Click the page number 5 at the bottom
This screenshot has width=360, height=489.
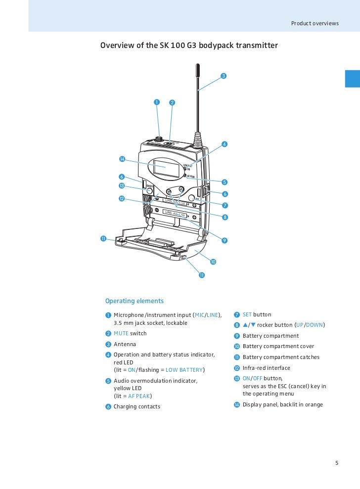coord(337,463)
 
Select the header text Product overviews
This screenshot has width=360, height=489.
coord(315,23)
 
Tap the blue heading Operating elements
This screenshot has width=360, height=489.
coord(134,301)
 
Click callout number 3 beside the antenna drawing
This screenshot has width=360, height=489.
coord(224,76)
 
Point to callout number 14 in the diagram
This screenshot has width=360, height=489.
coord(122,159)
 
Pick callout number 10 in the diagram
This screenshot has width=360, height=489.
coord(213,261)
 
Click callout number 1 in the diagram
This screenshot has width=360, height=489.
coord(156,102)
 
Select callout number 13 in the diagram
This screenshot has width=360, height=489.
coord(121,185)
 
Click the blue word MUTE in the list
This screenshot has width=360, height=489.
coord(121,334)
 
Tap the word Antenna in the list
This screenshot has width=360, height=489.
coord(125,344)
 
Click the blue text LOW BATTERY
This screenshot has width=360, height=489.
coord(184,370)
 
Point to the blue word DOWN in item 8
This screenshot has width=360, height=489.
coord(315,325)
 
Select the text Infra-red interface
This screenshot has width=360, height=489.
coord(266,368)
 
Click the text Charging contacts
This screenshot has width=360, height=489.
coord(136,407)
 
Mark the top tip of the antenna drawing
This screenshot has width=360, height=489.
coord(197,65)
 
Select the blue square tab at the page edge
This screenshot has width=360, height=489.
coord(352,78)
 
